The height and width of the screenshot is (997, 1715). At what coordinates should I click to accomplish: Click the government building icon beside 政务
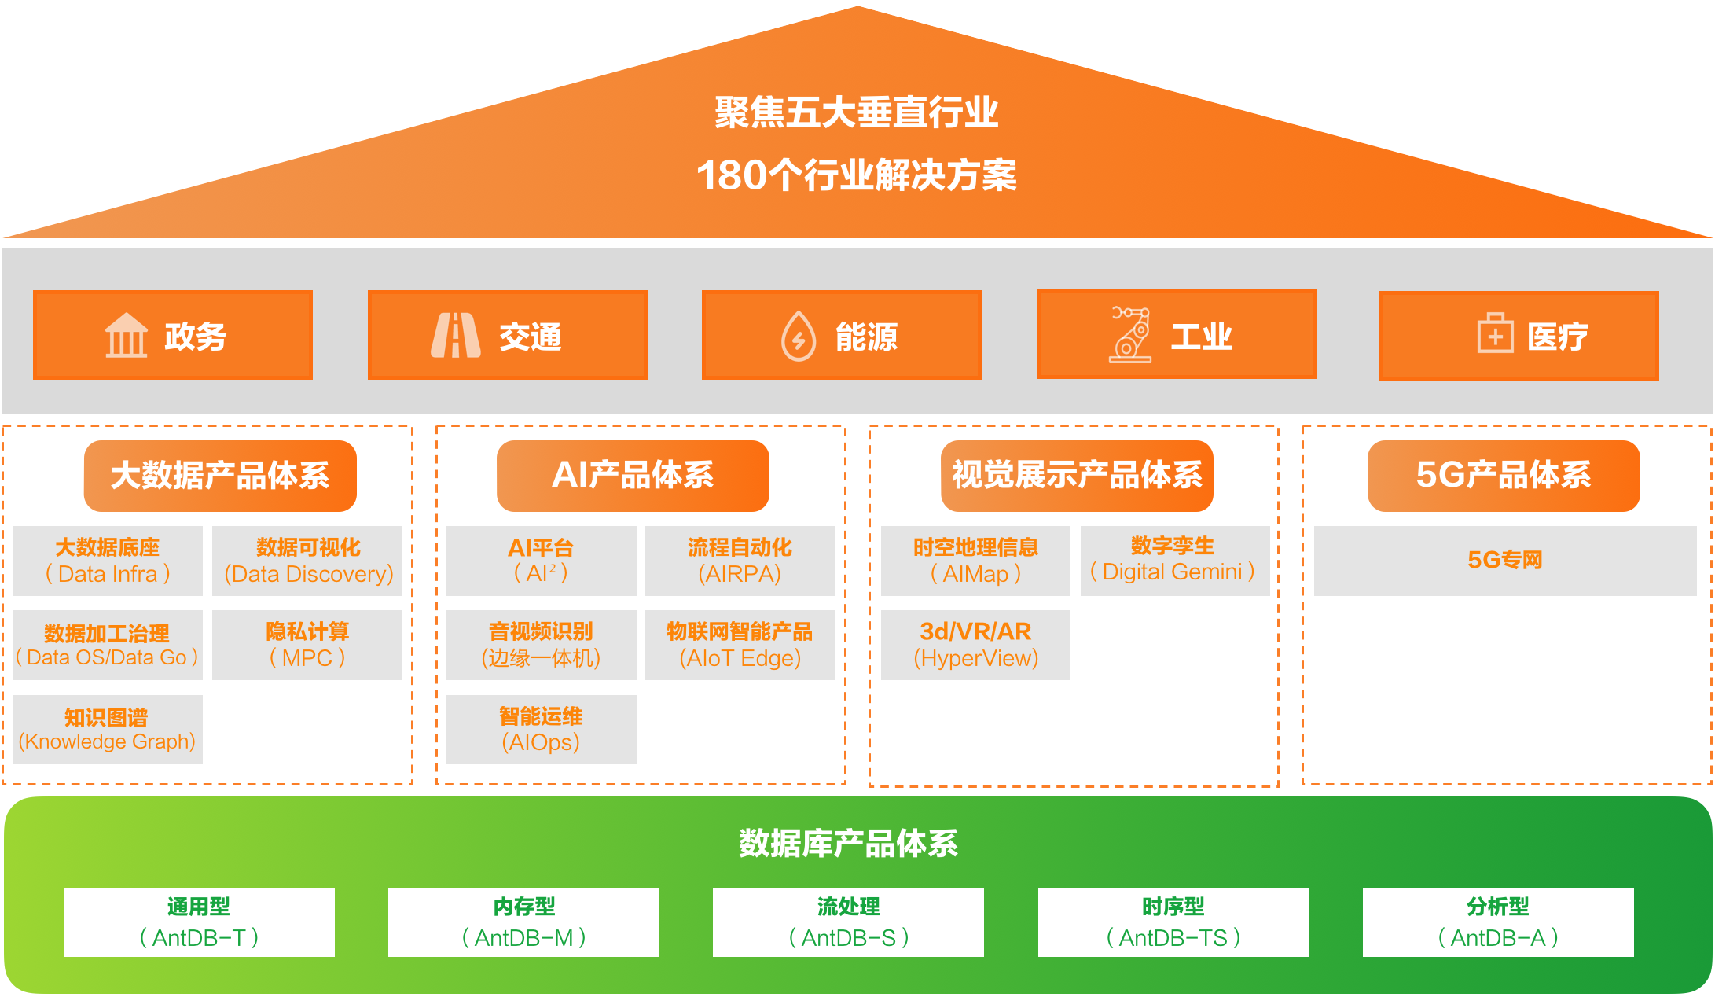coord(126,336)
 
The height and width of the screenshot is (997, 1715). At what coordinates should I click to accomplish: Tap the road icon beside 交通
coord(455,336)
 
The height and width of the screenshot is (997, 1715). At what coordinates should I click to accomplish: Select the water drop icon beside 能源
coord(798,336)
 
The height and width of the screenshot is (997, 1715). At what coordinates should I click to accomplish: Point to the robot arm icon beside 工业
coord(1130,335)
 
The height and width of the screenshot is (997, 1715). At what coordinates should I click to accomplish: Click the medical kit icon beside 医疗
coord(1494,334)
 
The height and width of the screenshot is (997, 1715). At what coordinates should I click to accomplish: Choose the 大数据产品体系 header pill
coord(220,476)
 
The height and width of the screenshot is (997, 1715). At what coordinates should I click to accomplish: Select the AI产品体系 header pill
coord(633,476)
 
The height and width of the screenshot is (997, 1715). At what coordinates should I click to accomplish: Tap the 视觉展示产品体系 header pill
coord(1077,476)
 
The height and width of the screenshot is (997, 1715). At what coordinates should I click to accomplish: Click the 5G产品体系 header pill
coord(1503,476)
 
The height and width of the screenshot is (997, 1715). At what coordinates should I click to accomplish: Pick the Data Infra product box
coord(108,561)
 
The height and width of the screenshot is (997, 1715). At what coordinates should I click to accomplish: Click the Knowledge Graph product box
coord(108,729)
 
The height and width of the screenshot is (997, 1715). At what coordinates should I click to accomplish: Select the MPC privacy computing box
coord(307,645)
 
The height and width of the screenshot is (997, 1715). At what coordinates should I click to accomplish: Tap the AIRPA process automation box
coord(740,561)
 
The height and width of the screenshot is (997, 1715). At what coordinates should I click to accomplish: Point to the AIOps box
coord(541,729)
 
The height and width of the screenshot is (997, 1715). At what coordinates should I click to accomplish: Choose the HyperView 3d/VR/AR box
coord(975,645)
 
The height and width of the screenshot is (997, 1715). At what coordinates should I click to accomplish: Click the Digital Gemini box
coord(1174,561)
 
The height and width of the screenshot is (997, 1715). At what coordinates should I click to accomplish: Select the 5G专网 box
coord(1504,561)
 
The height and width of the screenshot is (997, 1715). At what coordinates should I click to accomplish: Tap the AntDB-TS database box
coord(1173,922)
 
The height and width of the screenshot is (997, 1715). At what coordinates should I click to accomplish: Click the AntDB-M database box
coord(523,922)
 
